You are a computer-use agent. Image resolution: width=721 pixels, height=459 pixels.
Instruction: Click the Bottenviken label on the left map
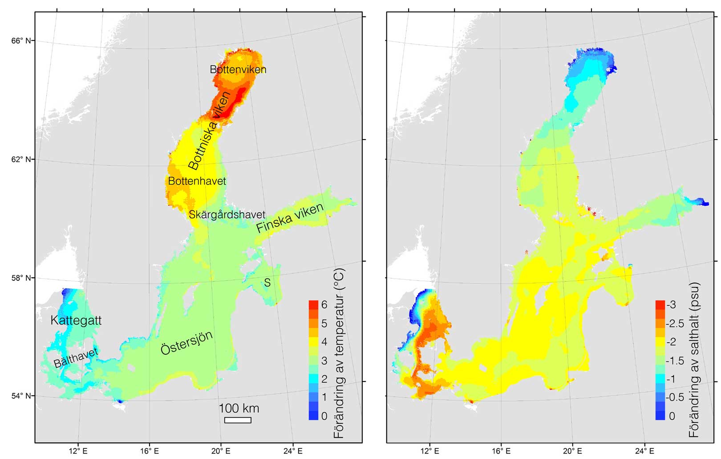point(238,70)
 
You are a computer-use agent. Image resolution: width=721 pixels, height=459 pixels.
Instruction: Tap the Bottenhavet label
point(197,181)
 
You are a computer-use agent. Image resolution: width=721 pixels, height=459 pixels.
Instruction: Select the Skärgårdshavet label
point(227,214)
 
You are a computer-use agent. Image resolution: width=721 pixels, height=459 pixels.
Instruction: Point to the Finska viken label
point(290,218)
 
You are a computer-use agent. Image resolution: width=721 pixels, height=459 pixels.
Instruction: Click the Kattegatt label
point(76,320)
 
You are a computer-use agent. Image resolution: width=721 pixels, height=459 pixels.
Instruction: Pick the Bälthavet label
point(76,358)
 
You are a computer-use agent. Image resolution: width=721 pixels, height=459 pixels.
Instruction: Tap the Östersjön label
point(186,343)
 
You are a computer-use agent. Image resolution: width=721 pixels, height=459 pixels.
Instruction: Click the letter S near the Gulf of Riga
point(267,283)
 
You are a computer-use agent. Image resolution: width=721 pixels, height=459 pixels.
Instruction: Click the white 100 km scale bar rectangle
point(238,420)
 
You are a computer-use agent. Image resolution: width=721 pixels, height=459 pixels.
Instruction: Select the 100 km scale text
point(239,408)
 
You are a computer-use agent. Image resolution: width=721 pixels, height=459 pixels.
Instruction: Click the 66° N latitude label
point(21,41)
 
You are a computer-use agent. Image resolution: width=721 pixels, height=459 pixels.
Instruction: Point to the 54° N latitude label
point(21,396)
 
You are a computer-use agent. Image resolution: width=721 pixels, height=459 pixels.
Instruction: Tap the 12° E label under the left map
point(78,451)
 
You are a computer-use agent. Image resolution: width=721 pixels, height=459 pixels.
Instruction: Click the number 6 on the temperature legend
point(324,305)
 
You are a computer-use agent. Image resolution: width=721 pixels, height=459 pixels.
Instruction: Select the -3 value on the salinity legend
point(671,305)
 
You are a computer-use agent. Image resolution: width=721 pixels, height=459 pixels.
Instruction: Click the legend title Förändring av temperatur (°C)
point(339,353)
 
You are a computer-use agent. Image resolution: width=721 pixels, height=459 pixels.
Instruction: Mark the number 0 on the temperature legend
point(324,416)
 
